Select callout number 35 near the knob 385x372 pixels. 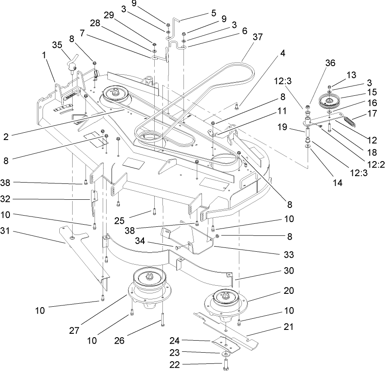pyautogui.click(x=57, y=45)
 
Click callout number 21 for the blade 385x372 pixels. pyautogui.click(x=288, y=327)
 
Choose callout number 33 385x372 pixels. pyautogui.click(x=289, y=255)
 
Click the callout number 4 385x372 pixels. pyautogui.click(x=283, y=55)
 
